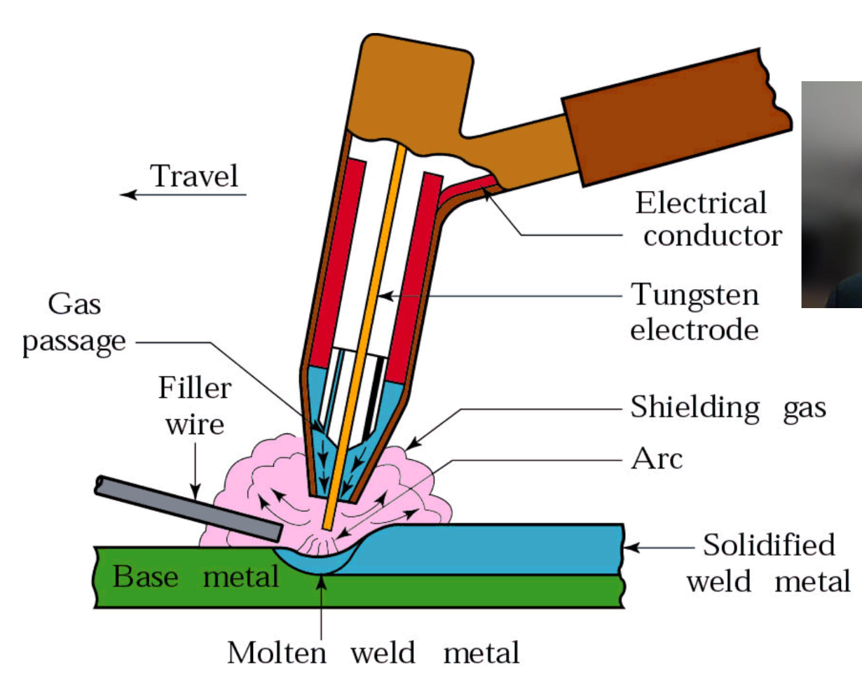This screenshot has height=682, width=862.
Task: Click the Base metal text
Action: pos(196,577)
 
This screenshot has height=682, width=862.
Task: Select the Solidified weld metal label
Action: pos(768,563)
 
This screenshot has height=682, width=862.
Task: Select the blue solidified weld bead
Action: pos(491,550)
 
